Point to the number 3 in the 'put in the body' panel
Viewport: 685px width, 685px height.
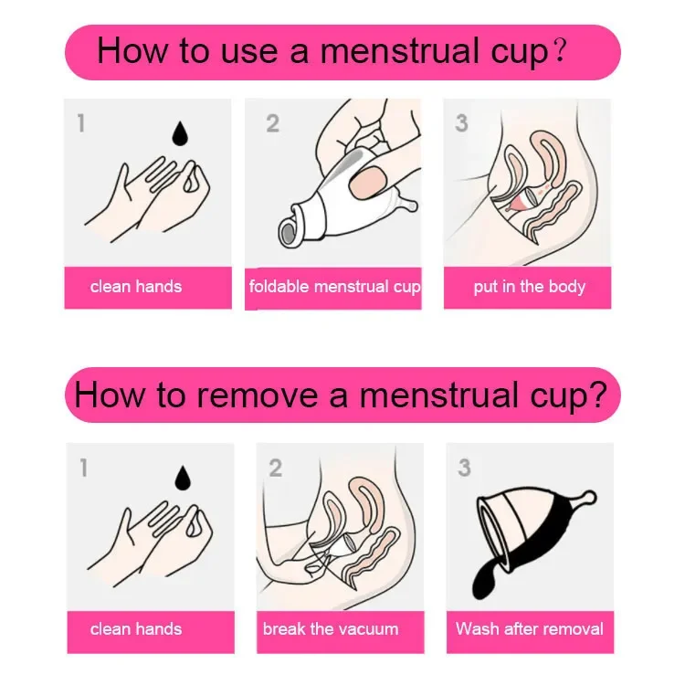click(461, 123)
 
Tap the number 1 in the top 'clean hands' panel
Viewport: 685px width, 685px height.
click(81, 123)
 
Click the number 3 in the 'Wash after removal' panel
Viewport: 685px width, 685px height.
click(464, 469)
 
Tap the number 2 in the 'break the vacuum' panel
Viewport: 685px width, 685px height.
click(275, 469)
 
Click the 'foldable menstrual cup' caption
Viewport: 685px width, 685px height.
click(334, 287)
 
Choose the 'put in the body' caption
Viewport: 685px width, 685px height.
click(529, 287)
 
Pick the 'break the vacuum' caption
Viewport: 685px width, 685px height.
click(331, 628)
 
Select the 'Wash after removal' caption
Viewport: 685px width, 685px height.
click(529, 628)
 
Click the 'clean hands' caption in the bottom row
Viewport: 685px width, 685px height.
click(136, 628)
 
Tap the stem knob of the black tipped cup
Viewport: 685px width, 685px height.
click(588, 497)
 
